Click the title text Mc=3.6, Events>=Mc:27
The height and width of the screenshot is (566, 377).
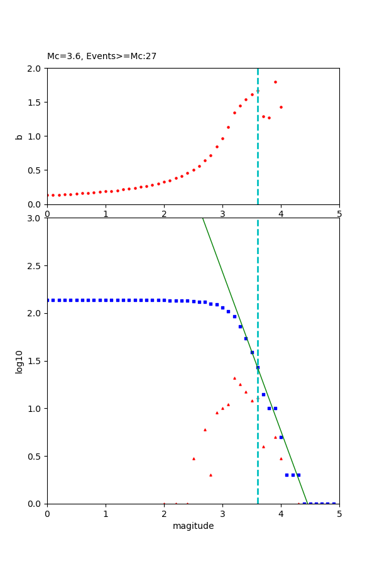click(x=102, y=57)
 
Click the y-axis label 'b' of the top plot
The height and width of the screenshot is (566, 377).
click(x=19, y=136)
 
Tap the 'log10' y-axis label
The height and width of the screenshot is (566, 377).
click(x=19, y=362)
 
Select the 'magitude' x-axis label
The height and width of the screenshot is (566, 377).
click(x=193, y=526)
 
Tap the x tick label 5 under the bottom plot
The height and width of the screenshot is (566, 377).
click(x=339, y=513)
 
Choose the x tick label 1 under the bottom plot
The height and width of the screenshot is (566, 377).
click(x=106, y=513)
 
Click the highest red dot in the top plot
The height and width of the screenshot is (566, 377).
click(x=275, y=82)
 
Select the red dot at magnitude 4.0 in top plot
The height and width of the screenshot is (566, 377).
click(x=281, y=107)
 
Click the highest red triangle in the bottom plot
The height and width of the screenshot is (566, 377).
click(x=234, y=378)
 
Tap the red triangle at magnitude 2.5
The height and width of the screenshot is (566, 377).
click(x=194, y=458)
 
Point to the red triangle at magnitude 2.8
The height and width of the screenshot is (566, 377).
click(x=210, y=475)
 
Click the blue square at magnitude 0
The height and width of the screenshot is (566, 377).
click(x=47, y=300)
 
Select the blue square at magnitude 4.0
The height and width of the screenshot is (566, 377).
click(x=281, y=437)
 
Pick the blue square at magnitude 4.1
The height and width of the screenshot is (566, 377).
click(x=287, y=475)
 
